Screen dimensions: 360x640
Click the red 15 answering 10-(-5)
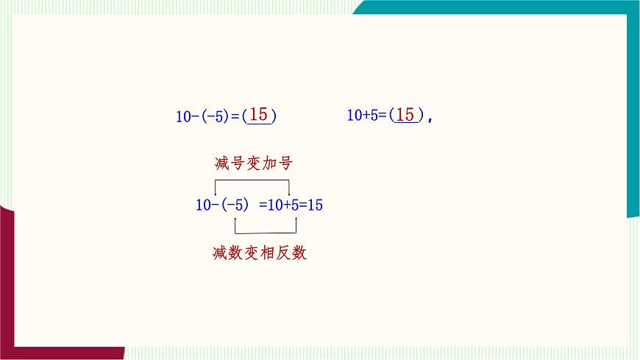[x=258, y=115]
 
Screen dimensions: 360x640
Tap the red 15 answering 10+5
[x=405, y=115]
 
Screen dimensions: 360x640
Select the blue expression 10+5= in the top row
[x=366, y=116]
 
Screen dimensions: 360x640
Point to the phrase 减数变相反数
[x=259, y=253]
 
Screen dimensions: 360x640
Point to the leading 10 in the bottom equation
[x=203, y=205]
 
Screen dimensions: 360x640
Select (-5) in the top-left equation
[x=215, y=116]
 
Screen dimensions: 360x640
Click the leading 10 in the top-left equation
[x=183, y=116]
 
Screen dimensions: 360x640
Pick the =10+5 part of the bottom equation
[x=279, y=205]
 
